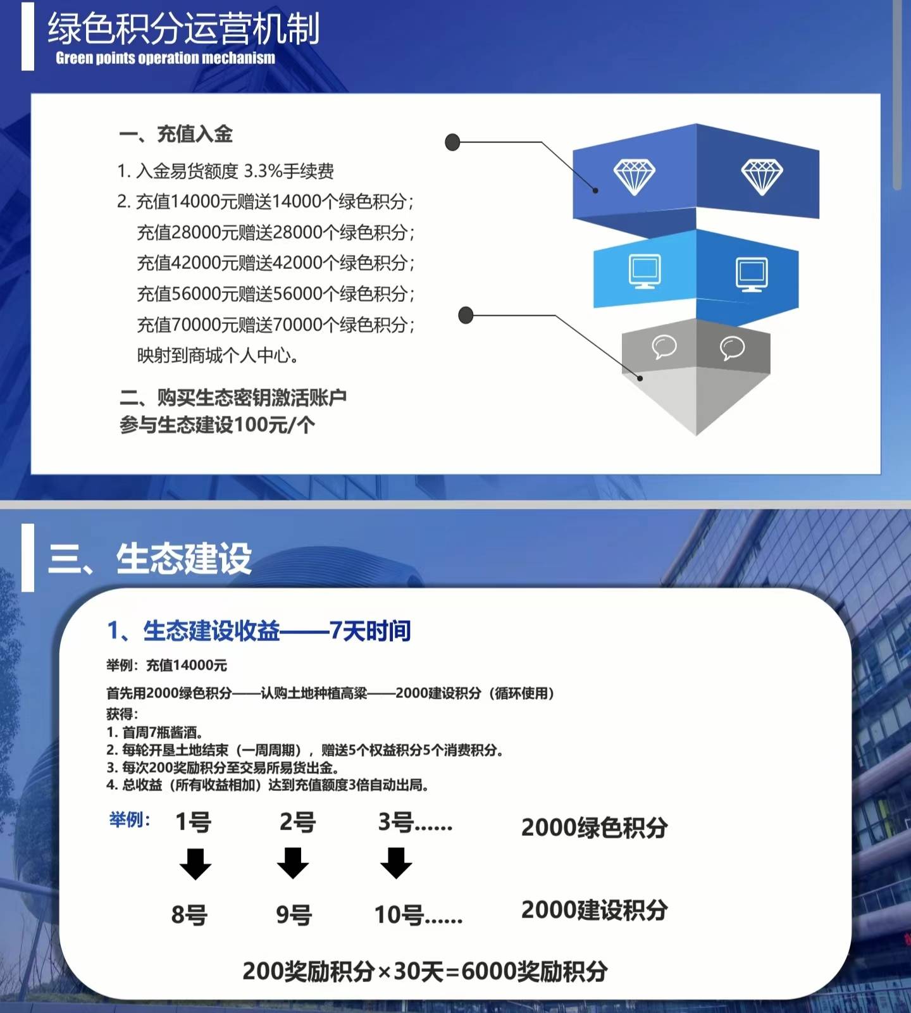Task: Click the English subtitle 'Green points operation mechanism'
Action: [x=165, y=58]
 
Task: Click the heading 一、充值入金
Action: [x=176, y=134]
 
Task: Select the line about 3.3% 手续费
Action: [x=225, y=171]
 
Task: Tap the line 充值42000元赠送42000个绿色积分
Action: [x=275, y=263]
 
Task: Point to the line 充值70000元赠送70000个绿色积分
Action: [x=275, y=325]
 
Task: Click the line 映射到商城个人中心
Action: [x=218, y=355]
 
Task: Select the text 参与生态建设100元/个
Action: [x=217, y=425]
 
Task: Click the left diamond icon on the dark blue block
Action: [x=634, y=177]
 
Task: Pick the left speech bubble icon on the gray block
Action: [x=664, y=347]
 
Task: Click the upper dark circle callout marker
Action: [x=452, y=142]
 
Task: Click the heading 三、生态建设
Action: [x=150, y=559]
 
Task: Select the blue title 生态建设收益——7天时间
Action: [x=259, y=631]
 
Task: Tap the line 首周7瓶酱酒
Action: [x=154, y=732]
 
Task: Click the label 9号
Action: [x=294, y=915]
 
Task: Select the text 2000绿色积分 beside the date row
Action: [x=594, y=827]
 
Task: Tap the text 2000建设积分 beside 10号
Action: [x=594, y=910]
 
